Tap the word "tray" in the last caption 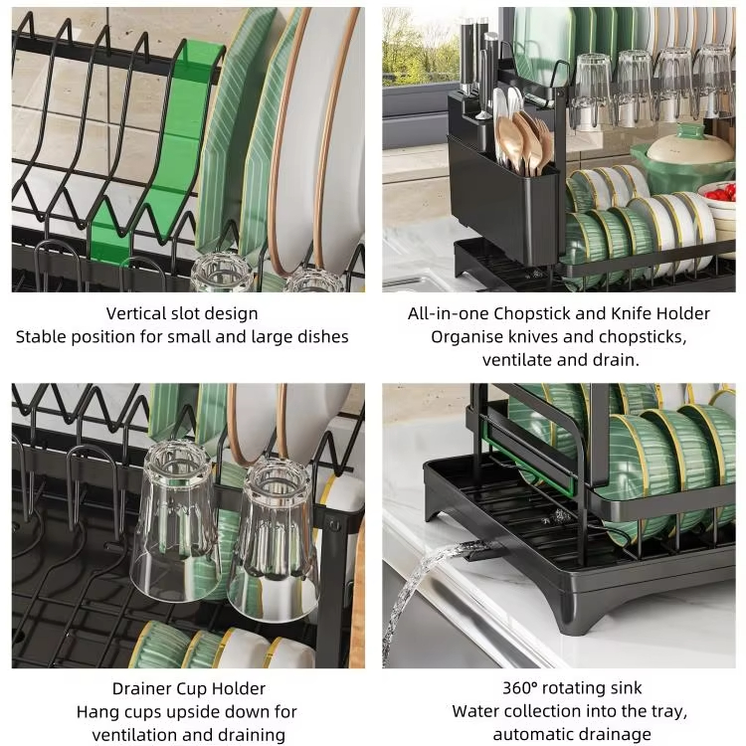(x=671, y=712)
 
